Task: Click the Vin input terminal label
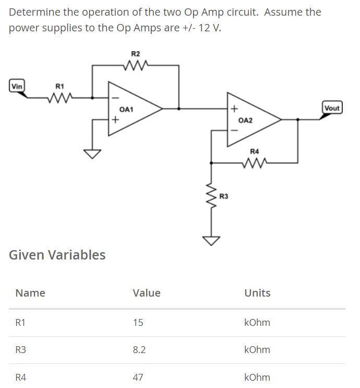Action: click(x=17, y=86)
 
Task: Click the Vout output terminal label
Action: click(x=332, y=108)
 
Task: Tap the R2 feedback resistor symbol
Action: click(x=137, y=65)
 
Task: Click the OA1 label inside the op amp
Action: click(x=127, y=110)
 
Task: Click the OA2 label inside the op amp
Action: click(x=245, y=120)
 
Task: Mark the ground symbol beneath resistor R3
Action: click(x=211, y=241)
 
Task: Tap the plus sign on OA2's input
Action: click(x=234, y=109)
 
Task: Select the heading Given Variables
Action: click(x=57, y=255)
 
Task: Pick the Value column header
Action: click(x=147, y=293)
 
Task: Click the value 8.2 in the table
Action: click(x=139, y=349)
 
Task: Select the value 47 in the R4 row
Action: click(x=138, y=377)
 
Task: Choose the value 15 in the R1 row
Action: click(x=138, y=322)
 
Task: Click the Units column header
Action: click(x=257, y=293)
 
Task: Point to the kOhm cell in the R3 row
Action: click(x=257, y=349)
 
